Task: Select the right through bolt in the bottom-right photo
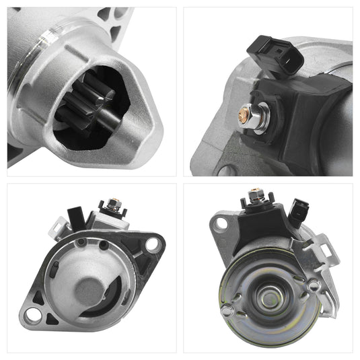click(314, 285)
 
